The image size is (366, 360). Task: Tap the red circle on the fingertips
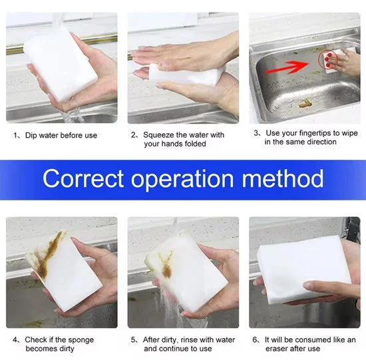[x=329, y=59]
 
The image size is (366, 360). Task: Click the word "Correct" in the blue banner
[x=83, y=178]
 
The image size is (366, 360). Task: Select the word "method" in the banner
[x=283, y=178]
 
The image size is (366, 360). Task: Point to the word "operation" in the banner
[x=182, y=180]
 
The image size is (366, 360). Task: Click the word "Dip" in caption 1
[x=30, y=136]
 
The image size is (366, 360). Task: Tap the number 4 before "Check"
[x=15, y=340]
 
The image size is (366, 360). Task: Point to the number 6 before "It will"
[x=255, y=339]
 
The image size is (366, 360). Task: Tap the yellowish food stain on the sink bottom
[x=304, y=103]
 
